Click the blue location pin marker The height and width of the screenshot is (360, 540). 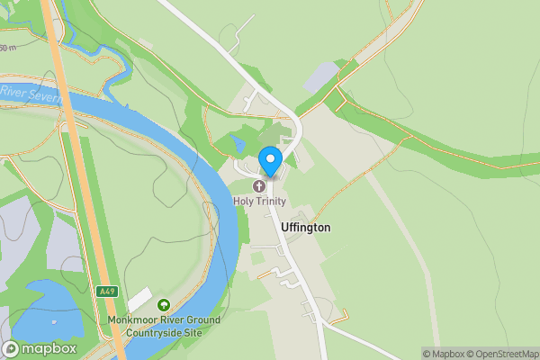point(270,161)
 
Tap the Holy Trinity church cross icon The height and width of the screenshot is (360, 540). point(260,186)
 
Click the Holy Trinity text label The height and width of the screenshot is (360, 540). point(260,202)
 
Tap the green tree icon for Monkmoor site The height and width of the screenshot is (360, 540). point(163,305)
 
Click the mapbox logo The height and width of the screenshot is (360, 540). point(40,348)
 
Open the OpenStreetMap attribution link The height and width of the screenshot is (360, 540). point(501,354)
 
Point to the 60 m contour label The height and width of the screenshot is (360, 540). point(7,48)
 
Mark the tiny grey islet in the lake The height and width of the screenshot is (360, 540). point(54,320)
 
